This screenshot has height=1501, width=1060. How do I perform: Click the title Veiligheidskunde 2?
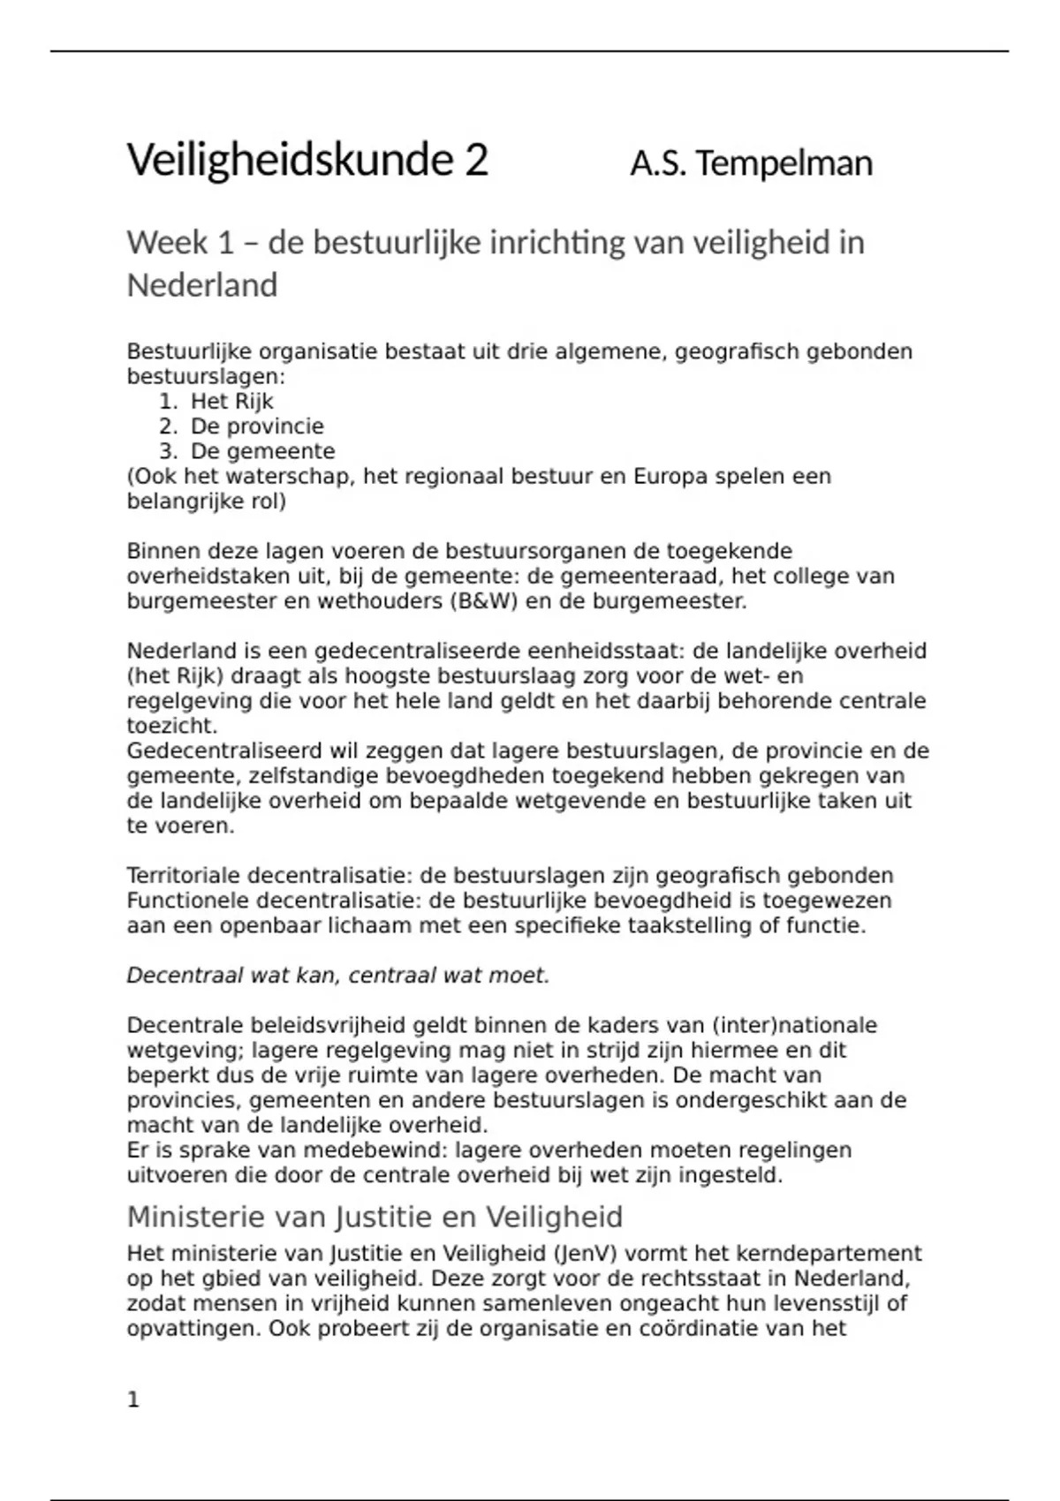[x=307, y=161]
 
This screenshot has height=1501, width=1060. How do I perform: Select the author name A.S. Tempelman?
[x=751, y=163]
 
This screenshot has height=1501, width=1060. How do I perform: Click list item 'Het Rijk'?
[x=231, y=402]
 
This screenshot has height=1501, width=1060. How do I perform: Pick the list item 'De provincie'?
[x=257, y=426]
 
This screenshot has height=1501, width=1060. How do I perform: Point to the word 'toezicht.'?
[x=172, y=727]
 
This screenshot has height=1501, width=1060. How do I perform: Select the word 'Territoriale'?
[x=183, y=876]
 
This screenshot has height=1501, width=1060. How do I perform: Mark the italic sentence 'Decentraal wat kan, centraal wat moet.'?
[x=338, y=976]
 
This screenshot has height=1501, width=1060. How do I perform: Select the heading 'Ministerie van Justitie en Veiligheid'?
[x=375, y=1217]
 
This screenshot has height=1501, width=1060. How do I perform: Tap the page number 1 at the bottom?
[x=133, y=1399]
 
